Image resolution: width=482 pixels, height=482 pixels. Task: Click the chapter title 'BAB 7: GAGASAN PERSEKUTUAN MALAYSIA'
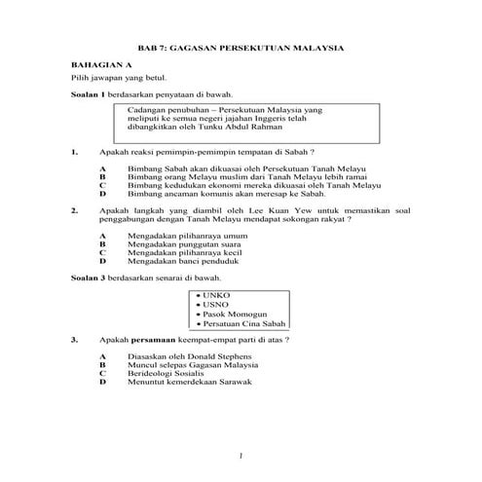(241, 47)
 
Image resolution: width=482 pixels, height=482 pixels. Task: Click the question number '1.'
(75, 152)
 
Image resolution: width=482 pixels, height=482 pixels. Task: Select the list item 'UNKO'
(216, 295)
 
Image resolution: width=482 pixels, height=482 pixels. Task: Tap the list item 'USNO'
(216, 304)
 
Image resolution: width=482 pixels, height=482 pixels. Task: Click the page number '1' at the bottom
(241, 456)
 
